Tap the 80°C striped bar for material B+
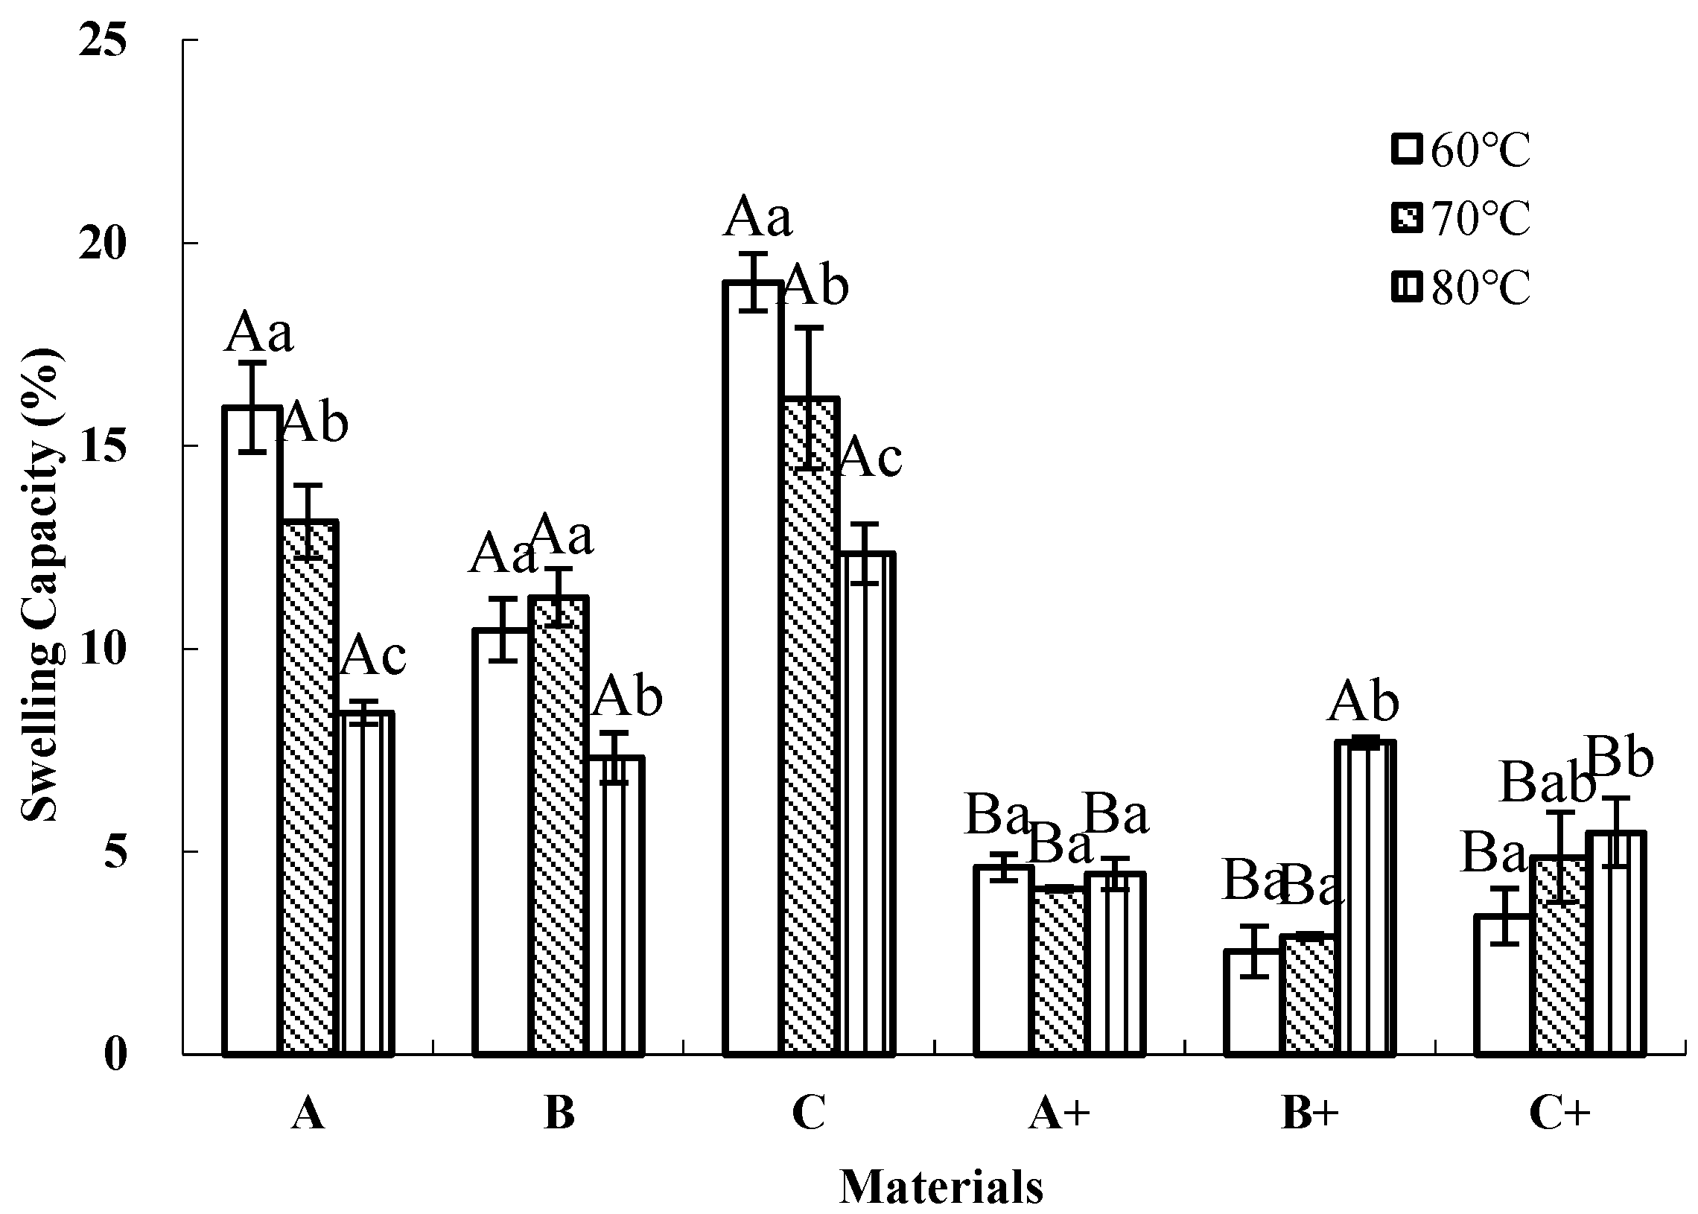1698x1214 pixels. pos(1364,897)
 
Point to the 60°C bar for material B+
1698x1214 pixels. pos(1252,1002)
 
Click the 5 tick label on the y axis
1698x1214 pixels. pos(115,851)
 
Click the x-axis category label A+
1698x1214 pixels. pos(1059,1113)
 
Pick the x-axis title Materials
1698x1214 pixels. pos(941,1186)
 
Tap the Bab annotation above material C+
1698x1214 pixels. pos(1547,784)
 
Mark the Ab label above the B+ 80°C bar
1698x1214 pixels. pos(1363,702)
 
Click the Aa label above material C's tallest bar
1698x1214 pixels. pos(757,217)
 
